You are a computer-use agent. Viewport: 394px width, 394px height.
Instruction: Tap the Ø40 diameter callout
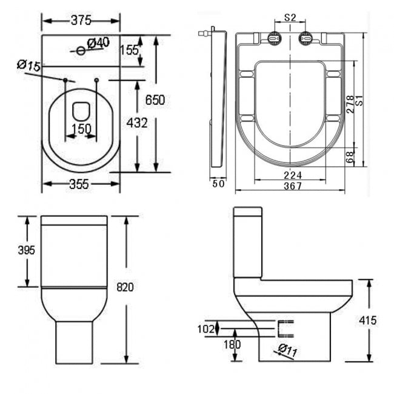[98, 42]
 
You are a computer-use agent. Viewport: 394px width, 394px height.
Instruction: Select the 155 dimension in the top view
[129, 50]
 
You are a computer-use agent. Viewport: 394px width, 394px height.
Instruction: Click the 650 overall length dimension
[155, 99]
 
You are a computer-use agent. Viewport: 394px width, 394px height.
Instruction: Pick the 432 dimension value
[138, 123]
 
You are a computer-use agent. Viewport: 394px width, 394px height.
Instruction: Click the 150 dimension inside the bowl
[80, 129]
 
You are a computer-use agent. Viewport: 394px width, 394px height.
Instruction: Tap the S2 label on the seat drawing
[290, 18]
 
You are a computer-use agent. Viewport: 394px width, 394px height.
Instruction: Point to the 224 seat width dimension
[292, 175]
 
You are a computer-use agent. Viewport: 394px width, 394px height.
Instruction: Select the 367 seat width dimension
[292, 187]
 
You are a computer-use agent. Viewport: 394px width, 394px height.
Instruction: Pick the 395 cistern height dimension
[27, 250]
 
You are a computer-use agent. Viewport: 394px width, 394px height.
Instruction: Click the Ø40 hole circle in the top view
[81, 51]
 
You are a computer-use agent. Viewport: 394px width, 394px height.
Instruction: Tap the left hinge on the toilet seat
[275, 38]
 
